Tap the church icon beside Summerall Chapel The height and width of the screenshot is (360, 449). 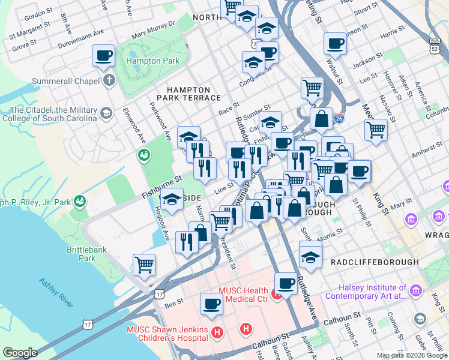click(109, 80)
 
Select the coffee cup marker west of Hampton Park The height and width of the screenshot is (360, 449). click(103, 56)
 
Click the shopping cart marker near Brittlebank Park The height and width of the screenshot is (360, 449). click(144, 265)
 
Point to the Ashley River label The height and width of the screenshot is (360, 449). click(56, 292)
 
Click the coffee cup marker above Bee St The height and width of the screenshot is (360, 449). click(211, 304)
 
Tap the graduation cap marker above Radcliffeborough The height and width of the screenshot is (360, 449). click(310, 257)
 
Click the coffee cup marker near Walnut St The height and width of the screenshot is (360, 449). click(336, 43)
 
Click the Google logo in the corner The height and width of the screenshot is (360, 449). click(20, 353)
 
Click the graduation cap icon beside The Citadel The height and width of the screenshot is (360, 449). click(106, 113)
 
